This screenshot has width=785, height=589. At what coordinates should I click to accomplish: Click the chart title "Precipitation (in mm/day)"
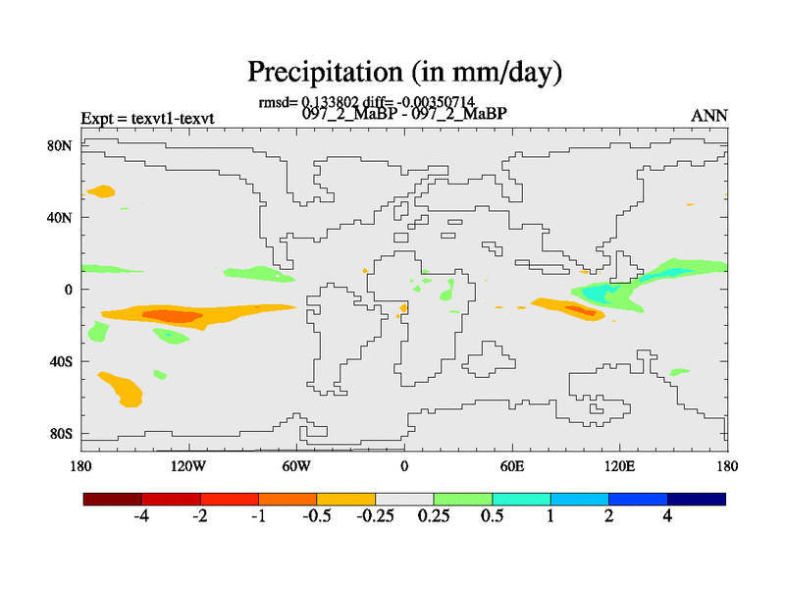tap(404, 72)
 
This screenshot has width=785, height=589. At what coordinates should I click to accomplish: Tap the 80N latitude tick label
tap(60, 145)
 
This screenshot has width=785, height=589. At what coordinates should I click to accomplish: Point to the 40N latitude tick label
tap(60, 217)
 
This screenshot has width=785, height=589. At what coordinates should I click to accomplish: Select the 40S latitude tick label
tap(60, 361)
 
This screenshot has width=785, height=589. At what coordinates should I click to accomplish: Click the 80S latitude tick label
tap(60, 434)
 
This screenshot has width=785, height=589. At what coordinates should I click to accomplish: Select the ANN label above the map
tap(709, 116)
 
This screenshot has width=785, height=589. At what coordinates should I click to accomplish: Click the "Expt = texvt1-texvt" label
tap(147, 119)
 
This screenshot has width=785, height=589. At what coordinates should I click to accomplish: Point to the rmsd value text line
tap(366, 101)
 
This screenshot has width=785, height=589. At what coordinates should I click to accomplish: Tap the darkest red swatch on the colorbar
tap(113, 500)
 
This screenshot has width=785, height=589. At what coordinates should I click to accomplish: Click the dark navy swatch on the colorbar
tap(697, 500)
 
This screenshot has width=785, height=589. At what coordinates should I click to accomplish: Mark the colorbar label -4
tap(141, 517)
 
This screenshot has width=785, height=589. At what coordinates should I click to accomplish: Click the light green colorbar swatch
tap(463, 500)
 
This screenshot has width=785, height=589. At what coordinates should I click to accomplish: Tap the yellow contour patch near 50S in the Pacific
tap(123, 389)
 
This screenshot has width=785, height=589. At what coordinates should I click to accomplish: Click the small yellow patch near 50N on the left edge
tap(101, 190)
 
